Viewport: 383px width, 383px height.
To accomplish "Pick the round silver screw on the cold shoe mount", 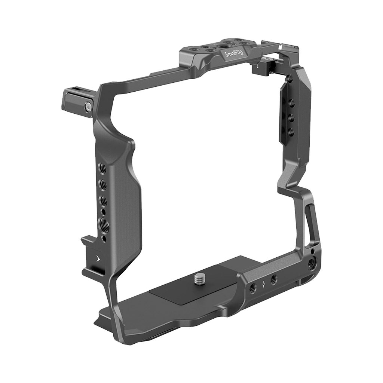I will [87, 107].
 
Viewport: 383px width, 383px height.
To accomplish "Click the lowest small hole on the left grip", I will [104, 238].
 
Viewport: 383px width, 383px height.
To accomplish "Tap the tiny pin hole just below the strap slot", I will [312, 251].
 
